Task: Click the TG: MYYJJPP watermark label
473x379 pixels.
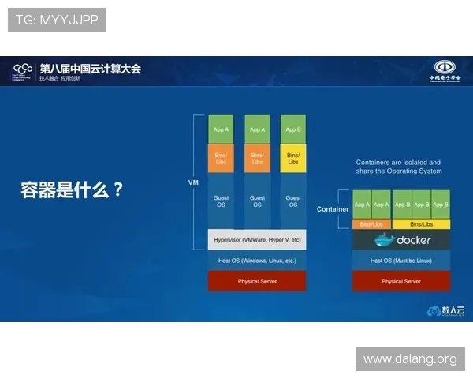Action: point(57,20)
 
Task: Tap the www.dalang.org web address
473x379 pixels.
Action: point(409,359)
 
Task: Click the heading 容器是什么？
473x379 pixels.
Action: point(72,189)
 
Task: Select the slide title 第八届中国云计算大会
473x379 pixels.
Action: point(89,69)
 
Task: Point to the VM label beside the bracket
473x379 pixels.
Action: point(192,182)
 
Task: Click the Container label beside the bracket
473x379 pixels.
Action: point(332,209)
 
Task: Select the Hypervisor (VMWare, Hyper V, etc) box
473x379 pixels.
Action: point(257,239)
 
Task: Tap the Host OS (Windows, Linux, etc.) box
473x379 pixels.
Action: point(257,260)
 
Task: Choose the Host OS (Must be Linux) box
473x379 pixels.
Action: point(400,260)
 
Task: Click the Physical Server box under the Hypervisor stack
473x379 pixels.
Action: point(257,281)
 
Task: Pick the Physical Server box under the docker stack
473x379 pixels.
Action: point(400,281)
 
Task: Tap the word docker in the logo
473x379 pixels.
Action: point(413,240)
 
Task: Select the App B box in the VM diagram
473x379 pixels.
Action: point(292,129)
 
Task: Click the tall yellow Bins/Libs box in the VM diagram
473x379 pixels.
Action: point(292,158)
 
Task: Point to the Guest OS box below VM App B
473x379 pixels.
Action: point(292,201)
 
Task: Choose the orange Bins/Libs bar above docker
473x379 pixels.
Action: point(371,224)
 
